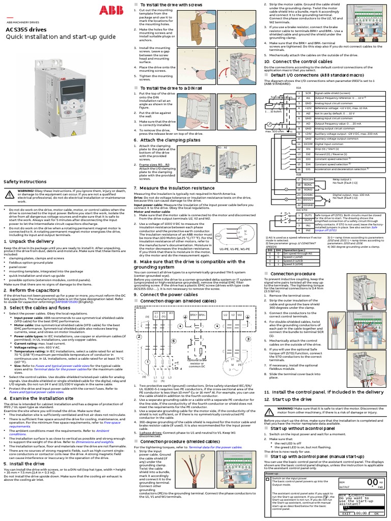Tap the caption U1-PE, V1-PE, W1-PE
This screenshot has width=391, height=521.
coord(234,250)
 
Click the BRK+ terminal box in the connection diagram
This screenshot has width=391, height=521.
coord(194,315)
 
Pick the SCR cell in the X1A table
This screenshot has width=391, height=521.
coord(308,94)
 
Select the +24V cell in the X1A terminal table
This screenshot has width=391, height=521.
coord(308,133)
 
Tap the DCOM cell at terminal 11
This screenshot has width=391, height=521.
coord(308,144)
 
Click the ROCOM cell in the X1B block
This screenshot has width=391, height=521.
coord(309,180)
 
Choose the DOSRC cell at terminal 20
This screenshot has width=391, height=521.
coord(309,195)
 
